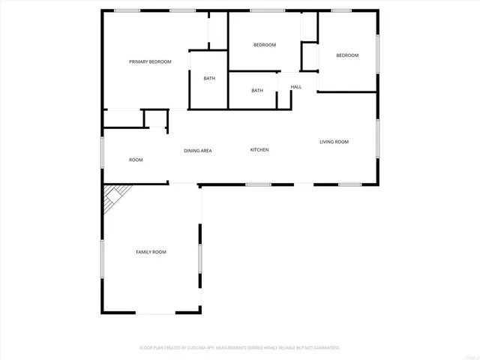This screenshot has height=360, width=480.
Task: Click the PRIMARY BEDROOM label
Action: click(x=150, y=61)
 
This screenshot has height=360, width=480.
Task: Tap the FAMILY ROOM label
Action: click(x=151, y=252)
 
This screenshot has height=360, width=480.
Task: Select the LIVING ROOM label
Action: click(x=334, y=142)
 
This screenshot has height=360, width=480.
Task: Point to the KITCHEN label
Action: click(x=259, y=150)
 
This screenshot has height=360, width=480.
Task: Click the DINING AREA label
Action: click(x=198, y=151)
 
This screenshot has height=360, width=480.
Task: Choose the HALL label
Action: click(x=296, y=87)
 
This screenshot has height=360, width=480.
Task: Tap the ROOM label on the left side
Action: click(x=136, y=160)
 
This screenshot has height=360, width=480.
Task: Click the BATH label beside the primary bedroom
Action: click(x=209, y=79)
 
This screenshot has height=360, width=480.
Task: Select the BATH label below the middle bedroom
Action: click(x=257, y=91)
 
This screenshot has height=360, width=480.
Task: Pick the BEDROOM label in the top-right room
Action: click(x=347, y=55)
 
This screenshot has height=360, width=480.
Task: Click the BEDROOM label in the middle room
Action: click(x=265, y=45)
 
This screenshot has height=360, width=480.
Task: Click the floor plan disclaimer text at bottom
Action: click(x=240, y=348)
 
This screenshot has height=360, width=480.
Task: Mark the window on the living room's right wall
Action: click(x=378, y=139)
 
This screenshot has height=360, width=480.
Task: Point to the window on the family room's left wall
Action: click(x=103, y=259)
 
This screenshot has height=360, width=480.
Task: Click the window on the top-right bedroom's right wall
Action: click(x=378, y=56)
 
